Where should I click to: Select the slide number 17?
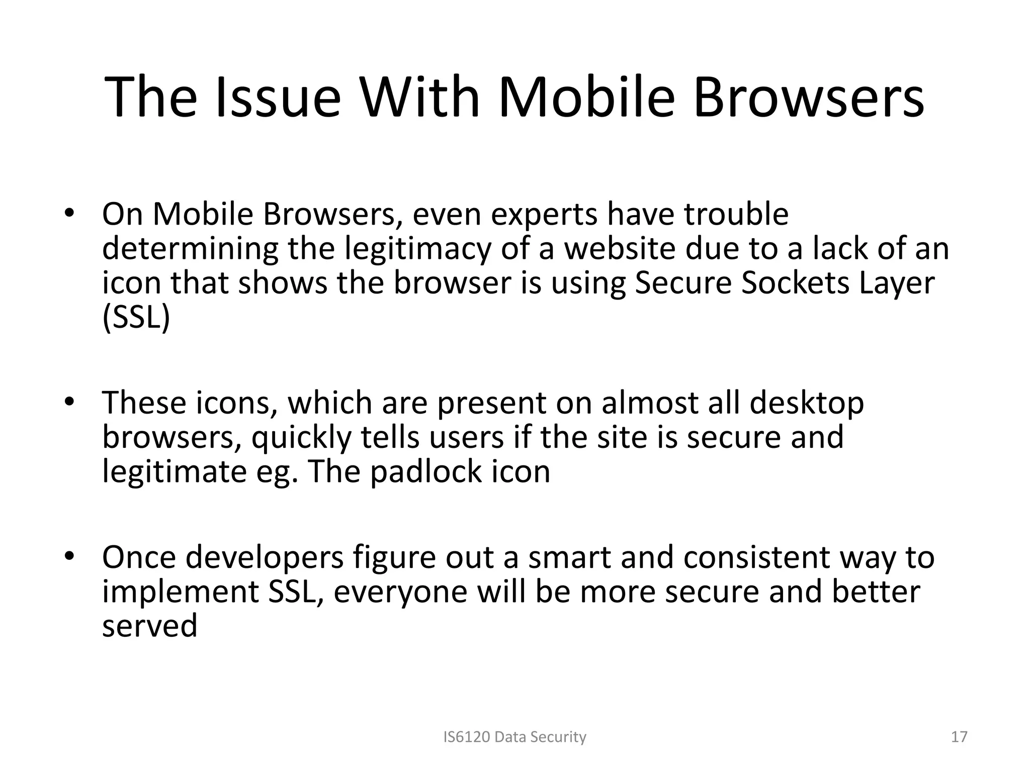coord(960,737)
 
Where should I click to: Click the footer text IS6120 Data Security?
coord(514,737)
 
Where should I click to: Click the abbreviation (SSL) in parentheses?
coord(136,317)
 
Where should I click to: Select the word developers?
coord(265,557)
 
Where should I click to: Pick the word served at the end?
coord(149,626)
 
